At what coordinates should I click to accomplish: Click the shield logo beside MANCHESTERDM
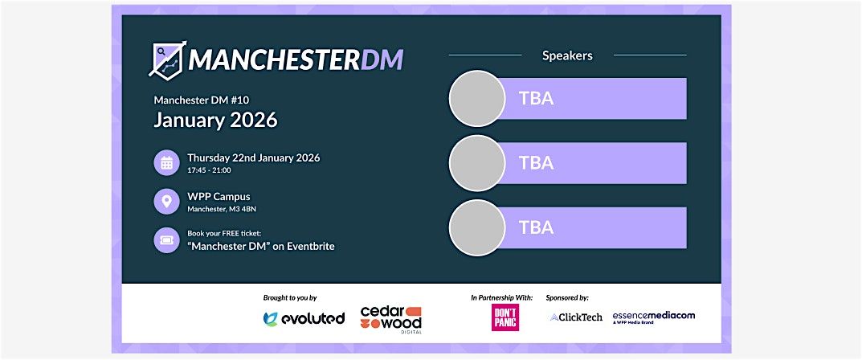[x=167, y=59]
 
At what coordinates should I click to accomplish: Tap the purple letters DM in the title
[x=382, y=59]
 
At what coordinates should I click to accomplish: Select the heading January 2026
[x=215, y=121]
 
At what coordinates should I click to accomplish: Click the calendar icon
[x=166, y=163]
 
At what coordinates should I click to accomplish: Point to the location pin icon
[x=166, y=202]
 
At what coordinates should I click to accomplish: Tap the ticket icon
[x=166, y=239]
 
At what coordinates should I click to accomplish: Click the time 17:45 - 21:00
[x=209, y=170]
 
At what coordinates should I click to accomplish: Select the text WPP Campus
[x=219, y=196]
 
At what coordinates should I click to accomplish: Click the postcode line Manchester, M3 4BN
[x=222, y=209]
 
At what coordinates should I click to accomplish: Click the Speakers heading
[x=567, y=55]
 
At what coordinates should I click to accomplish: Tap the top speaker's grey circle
[x=476, y=99]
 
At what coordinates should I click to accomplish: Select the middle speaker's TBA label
[x=536, y=163]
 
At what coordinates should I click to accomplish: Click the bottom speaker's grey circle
[x=476, y=228]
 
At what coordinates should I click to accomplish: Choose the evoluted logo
[x=304, y=318]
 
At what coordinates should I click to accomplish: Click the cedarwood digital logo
[x=390, y=319]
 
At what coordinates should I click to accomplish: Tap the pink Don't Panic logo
[x=504, y=317]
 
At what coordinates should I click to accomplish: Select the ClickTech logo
[x=575, y=317]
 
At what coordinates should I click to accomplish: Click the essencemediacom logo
[x=653, y=317]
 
